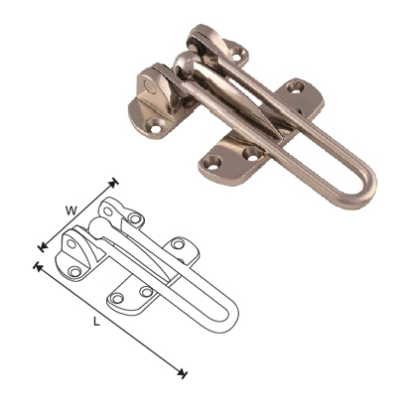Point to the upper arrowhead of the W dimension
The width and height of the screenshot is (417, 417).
115,182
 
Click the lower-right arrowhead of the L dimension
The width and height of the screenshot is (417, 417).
184,373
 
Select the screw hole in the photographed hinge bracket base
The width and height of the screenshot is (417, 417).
159,125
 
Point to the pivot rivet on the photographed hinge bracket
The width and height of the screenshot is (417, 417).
149,86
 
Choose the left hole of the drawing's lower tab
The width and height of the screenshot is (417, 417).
117,297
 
